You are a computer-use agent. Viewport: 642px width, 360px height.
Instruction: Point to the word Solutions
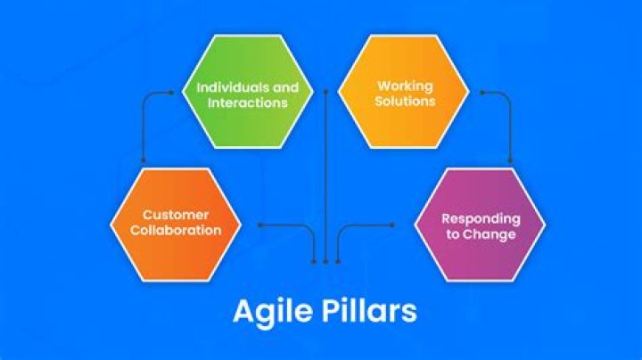point(406,102)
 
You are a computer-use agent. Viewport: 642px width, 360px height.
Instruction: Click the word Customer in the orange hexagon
point(176,215)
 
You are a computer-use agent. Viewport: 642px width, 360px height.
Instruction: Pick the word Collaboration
point(176,230)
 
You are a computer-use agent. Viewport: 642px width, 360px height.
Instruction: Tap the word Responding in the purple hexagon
point(478,219)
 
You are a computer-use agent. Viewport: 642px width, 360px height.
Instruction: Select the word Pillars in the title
point(366,313)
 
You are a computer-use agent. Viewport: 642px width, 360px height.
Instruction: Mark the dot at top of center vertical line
point(326,89)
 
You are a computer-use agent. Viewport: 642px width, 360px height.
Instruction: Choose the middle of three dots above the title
point(326,261)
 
